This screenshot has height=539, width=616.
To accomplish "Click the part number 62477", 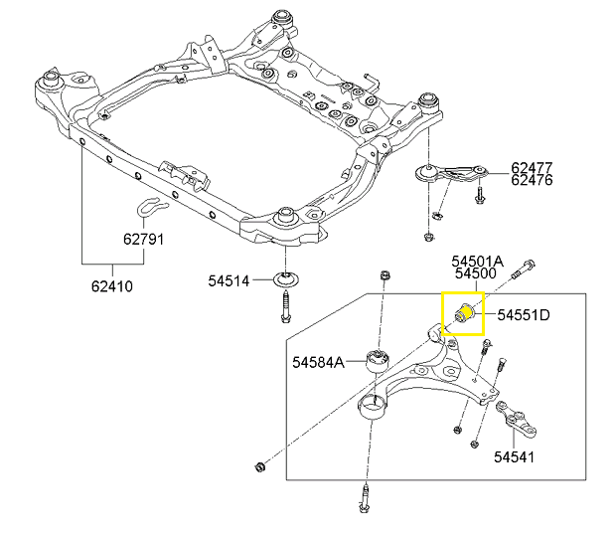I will click(532, 167).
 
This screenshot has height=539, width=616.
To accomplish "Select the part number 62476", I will click(532, 181).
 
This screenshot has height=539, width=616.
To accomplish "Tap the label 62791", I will click(144, 240).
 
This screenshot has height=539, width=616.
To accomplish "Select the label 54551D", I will click(524, 315).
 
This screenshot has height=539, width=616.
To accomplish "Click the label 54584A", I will click(318, 363).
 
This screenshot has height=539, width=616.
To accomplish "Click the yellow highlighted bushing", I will click(462, 313).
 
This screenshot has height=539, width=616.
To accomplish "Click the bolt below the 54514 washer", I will click(286, 302).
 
